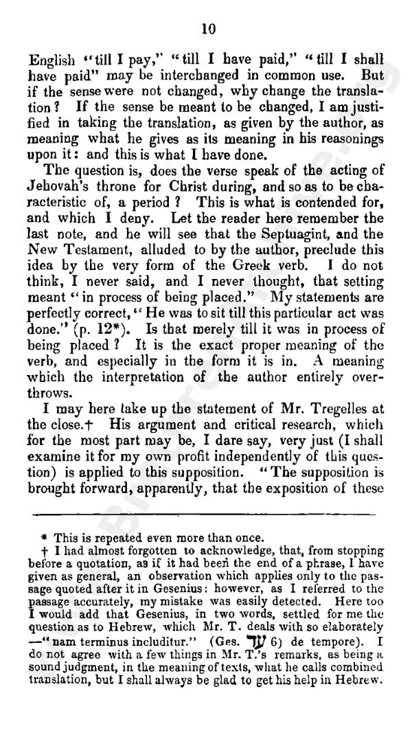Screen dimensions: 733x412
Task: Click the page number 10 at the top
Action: pos(209,28)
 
